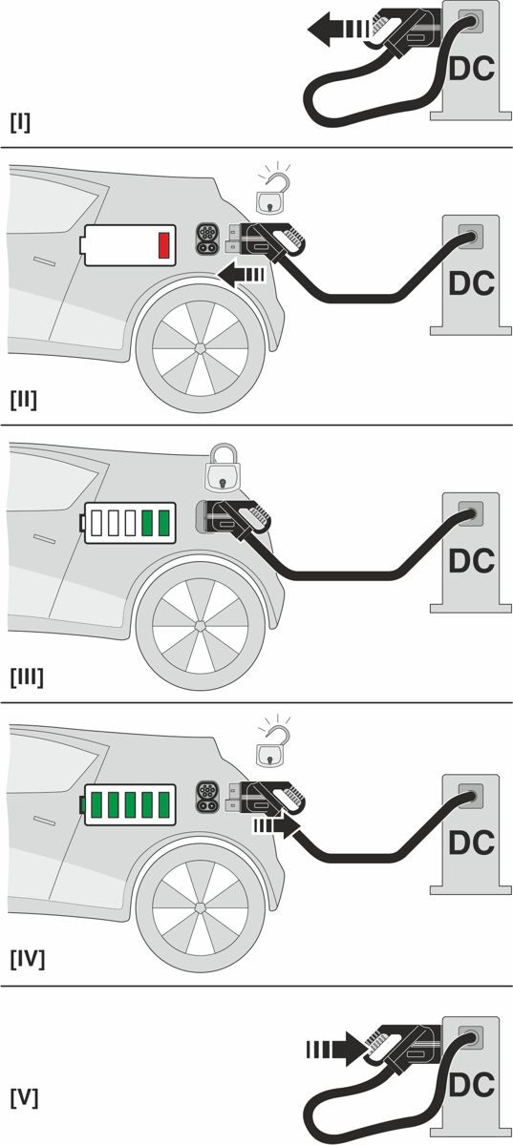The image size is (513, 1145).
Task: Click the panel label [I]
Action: (20, 123)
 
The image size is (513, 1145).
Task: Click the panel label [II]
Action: (24, 400)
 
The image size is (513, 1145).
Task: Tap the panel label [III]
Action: (27, 677)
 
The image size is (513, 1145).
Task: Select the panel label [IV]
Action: (28, 960)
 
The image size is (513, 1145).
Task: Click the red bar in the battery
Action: (163, 245)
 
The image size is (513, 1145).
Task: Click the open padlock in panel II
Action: (273, 193)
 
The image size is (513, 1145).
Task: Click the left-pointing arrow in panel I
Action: (339, 30)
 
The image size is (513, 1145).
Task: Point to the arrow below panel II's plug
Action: (242, 275)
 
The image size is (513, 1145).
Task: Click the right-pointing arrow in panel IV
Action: (276, 826)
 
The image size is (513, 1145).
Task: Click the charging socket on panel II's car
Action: (207, 239)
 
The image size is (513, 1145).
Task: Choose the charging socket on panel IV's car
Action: (207, 797)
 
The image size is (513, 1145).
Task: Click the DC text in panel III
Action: (472, 561)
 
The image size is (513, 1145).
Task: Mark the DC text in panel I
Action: (472, 69)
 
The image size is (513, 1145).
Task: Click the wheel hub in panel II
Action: (201, 348)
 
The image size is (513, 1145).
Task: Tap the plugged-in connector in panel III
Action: (233, 518)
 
